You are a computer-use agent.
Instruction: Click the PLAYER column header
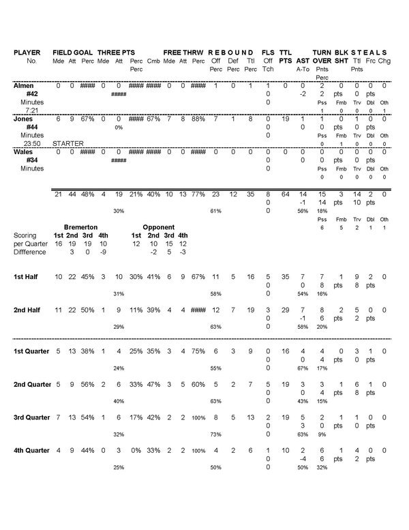(x=27, y=53)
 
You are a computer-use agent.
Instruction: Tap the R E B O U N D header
(x=230, y=53)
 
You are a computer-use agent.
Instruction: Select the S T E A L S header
(x=369, y=53)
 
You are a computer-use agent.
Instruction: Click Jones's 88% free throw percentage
(x=198, y=119)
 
